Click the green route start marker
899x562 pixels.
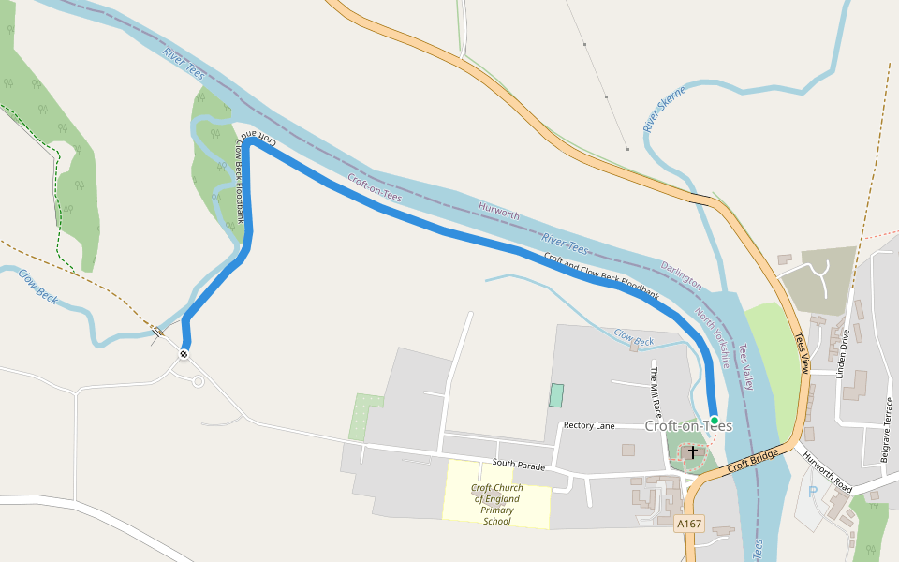point(715,421)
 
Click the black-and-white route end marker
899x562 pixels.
point(184,353)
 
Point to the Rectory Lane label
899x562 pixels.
point(589,426)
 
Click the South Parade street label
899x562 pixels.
point(518,465)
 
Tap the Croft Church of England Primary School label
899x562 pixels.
point(496,504)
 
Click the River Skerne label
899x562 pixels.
point(664,109)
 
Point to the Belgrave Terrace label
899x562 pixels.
point(887,431)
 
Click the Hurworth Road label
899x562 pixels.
point(827,474)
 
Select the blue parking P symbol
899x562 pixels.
point(812,492)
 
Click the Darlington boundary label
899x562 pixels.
point(681,274)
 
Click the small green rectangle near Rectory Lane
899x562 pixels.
point(556,395)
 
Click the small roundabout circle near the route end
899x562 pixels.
point(198,381)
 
